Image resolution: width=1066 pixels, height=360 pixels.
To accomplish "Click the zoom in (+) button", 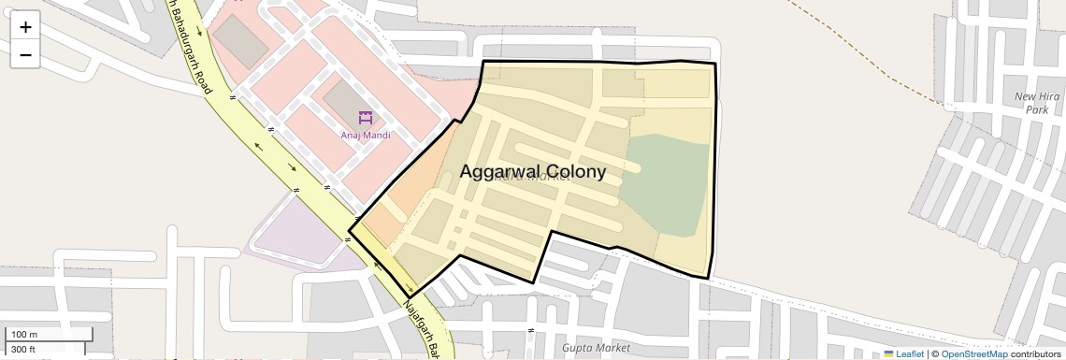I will pyautogui.click(x=25, y=27).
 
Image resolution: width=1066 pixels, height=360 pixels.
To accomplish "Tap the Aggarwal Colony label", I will pyautogui.click(x=532, y=172).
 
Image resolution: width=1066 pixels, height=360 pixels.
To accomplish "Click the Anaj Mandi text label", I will pyautogui.click(x=365, y=136).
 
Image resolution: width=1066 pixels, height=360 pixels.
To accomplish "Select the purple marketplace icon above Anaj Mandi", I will pyautogui.click(x=365, y=119).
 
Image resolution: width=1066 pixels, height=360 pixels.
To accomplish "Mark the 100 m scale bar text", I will pyautogui.click(x=24, y=335).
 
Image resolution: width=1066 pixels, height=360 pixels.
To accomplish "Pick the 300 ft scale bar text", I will pyautogui.click(x=23, y=350).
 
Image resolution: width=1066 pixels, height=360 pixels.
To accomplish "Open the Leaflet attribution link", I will pyautogui.click(x=909, y=354).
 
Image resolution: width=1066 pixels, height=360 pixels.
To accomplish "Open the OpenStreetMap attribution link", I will pyautogui.click(x=973, y=354).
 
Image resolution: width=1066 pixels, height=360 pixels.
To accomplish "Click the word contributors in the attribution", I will pyautogui.click(x=1035, y=354).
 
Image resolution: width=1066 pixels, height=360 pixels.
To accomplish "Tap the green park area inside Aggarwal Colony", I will pyautogui.click(x=666, y=182).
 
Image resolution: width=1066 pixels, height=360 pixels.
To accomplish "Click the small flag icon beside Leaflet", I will pyautogui.click(x=888, y=354).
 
